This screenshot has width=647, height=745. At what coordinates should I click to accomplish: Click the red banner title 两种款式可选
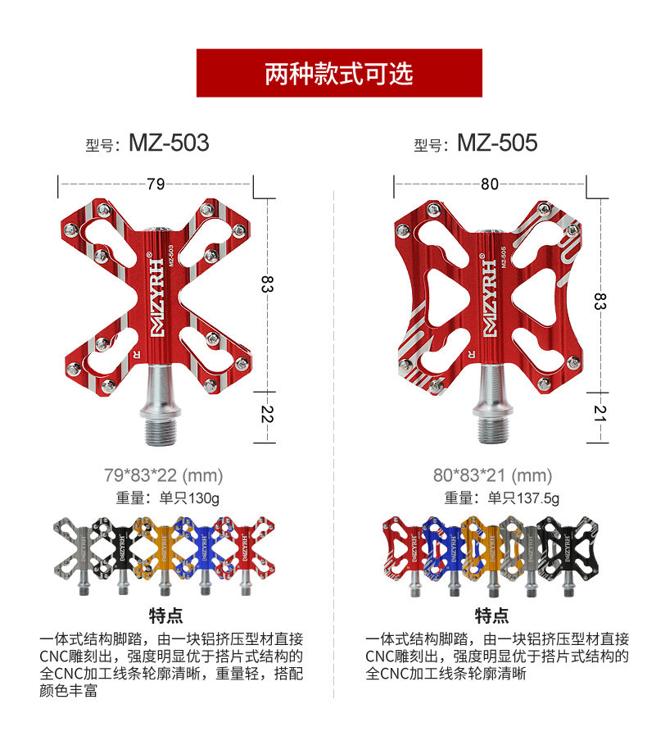click(338, 74)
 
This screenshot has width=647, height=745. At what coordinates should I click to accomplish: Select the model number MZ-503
click(169, 143)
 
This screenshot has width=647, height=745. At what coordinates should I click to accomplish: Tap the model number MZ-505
click(496, 143)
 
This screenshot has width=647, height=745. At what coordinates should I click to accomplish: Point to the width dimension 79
click(156, 184)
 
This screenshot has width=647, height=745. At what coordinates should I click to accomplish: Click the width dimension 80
click(490, 184)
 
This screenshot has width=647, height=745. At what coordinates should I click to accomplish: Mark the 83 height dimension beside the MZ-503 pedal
click(266, 284)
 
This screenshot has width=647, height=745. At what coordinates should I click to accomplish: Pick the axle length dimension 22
click(266, 416)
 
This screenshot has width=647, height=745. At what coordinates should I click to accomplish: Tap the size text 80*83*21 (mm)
click(493, 475)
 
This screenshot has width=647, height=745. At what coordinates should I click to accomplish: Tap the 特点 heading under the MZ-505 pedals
click(491, 616)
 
